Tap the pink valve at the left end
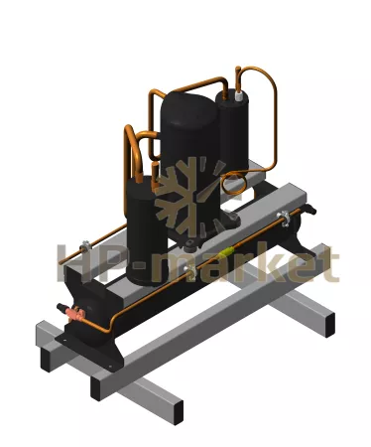[x=74, y=312]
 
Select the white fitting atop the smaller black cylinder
[x=239, y=95]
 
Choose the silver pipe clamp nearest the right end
[x=285, y=218]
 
